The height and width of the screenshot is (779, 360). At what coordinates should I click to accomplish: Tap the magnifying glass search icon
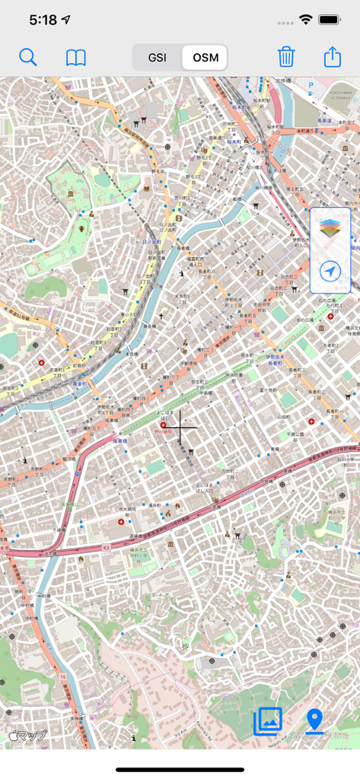point(28,57)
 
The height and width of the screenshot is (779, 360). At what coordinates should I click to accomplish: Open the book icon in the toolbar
point(76,58)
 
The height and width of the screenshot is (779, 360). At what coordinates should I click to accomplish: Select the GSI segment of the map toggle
point(158,58)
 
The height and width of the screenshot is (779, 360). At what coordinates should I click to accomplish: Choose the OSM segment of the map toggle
point(205,58)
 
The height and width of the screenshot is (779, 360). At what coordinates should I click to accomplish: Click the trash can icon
point(286,57)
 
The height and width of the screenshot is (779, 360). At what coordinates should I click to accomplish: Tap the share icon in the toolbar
point(333,57)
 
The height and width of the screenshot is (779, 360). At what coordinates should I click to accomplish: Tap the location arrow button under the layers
point(330,272)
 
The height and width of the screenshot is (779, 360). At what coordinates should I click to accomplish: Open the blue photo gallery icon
point(268,720)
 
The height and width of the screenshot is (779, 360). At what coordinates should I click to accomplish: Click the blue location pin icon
point(314,720)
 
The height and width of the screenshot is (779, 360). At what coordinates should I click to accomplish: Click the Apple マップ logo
point(27,735)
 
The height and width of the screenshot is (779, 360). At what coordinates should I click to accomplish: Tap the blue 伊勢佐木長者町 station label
point(274,359)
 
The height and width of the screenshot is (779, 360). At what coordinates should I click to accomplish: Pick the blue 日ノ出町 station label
point(151,242)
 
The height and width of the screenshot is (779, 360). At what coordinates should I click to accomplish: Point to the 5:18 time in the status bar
point(43,20)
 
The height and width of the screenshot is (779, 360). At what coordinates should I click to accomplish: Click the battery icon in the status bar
point(329,20)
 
